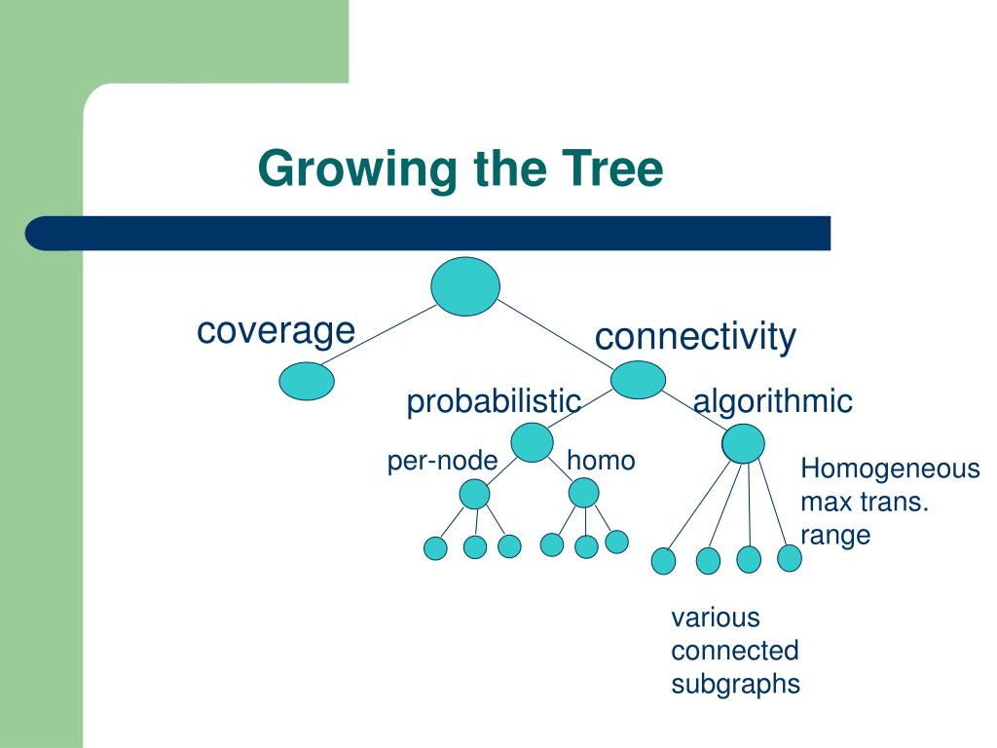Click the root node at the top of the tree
point(465,286)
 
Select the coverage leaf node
point(307,381)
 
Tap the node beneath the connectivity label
point(638,380)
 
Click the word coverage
point(276,331)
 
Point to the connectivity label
point(695,336)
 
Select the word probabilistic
point(494,402)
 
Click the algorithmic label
point(772,401)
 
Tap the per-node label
point(443,461)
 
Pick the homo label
point(601,461)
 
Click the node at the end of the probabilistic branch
point(533,442)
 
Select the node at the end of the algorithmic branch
point(743,443)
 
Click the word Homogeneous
point(890,468)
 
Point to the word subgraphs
point(736,685)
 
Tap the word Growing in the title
point(357,169)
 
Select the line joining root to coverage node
point(378,335)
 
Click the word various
point(716,617)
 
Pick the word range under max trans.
point(835,536)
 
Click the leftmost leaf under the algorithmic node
point(663,561)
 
